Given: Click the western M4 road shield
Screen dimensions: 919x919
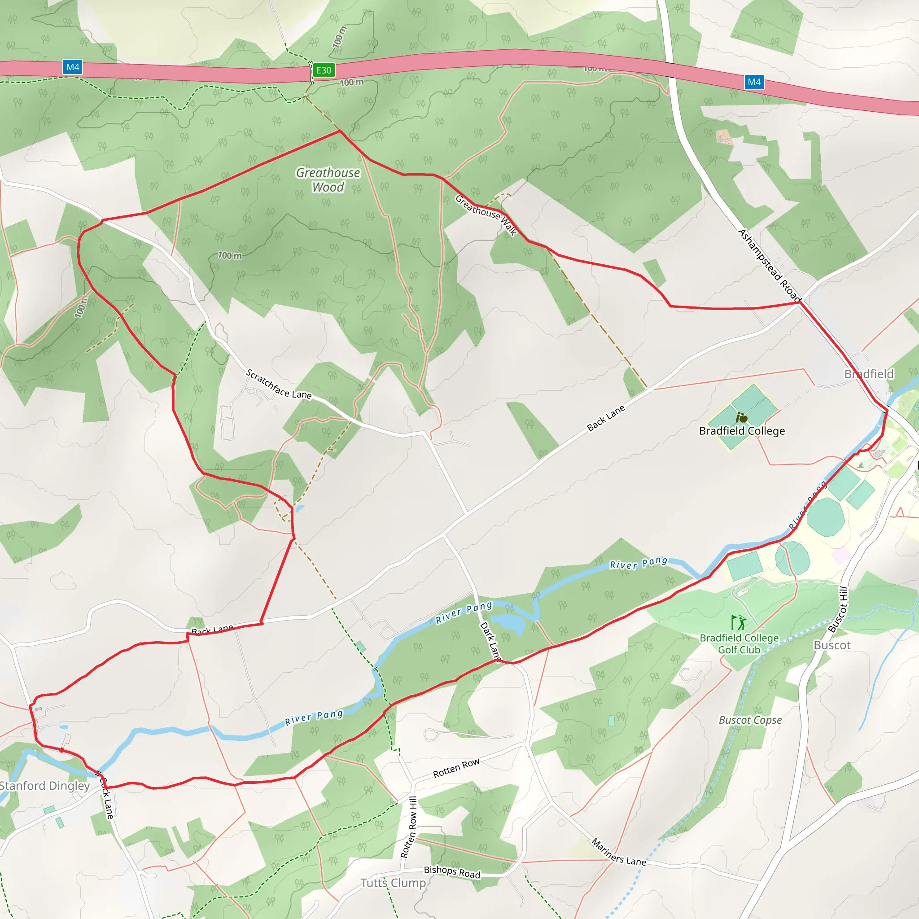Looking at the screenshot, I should (73, 67).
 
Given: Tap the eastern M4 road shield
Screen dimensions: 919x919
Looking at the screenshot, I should (754, 82).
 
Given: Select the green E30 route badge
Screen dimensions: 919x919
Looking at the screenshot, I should (324, 70).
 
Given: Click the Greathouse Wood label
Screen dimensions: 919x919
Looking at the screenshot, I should (328, 180).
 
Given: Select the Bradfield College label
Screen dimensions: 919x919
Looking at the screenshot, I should (742, 431).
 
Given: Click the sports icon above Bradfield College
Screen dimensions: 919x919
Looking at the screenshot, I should (742, 418).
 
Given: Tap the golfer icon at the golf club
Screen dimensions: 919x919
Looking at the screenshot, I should (738, 622).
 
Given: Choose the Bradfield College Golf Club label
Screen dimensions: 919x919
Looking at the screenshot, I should (739, 643).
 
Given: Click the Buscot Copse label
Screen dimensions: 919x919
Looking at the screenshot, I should (750, 720).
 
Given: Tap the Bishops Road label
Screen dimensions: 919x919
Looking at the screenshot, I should (452, 872).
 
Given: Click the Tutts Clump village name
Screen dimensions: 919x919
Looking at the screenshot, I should (393, 883).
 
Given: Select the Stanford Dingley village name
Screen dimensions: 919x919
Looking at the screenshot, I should (44, 786).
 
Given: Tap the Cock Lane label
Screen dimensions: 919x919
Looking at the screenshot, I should (107, 798).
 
